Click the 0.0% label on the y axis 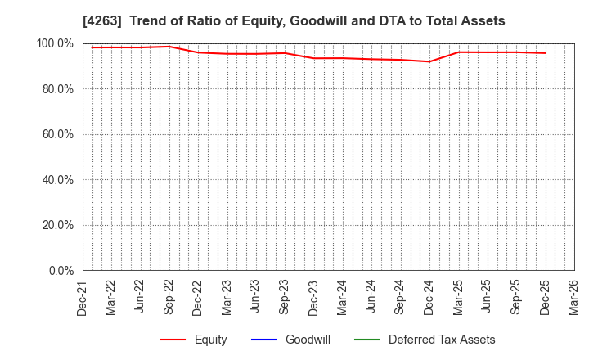[x=59, y=271]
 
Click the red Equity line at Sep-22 [x=169, y=46]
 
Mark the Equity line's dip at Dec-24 [x=429, y=61]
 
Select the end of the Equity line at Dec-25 [x=545, y=53]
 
